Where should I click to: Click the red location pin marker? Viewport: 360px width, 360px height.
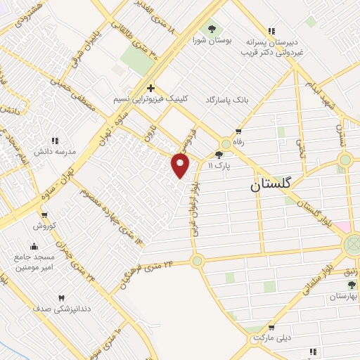click(181, 165)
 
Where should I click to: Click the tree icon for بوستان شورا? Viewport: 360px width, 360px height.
click(212, 29)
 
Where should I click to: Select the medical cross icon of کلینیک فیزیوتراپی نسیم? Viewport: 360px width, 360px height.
click(150, 87)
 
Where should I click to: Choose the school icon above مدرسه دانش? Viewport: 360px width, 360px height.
click(55, 141)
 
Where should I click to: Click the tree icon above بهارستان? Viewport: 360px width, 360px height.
click(352, 285)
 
